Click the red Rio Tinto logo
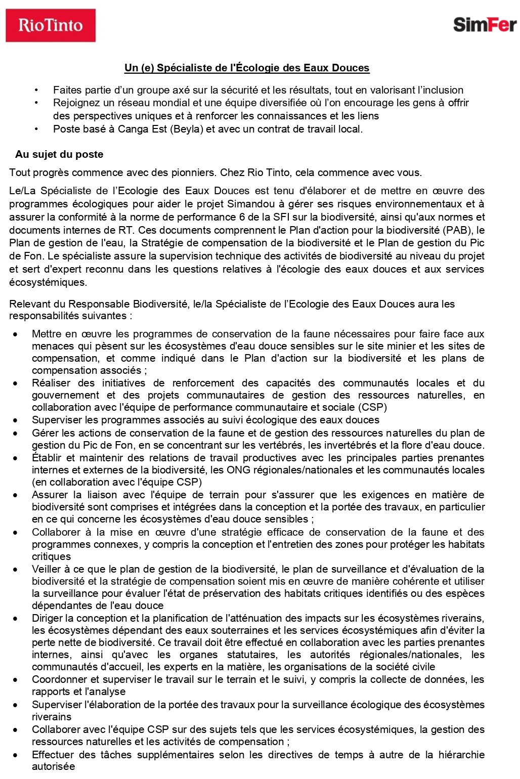51,25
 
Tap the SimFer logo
484,24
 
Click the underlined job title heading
247,68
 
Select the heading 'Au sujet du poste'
59,154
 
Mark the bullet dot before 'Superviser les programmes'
16,420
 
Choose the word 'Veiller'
47,569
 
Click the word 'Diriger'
48,618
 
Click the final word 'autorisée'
53,766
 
